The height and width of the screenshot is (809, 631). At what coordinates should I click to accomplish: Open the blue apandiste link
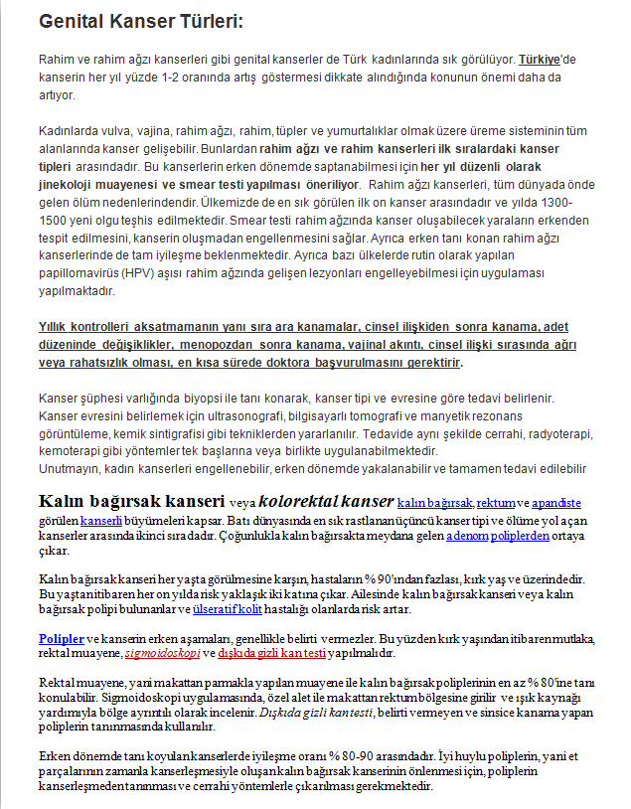coord(558,502)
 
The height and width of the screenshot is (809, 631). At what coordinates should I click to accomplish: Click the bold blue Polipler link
coord(62,637)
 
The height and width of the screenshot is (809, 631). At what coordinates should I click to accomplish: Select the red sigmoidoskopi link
coord(159,654)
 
